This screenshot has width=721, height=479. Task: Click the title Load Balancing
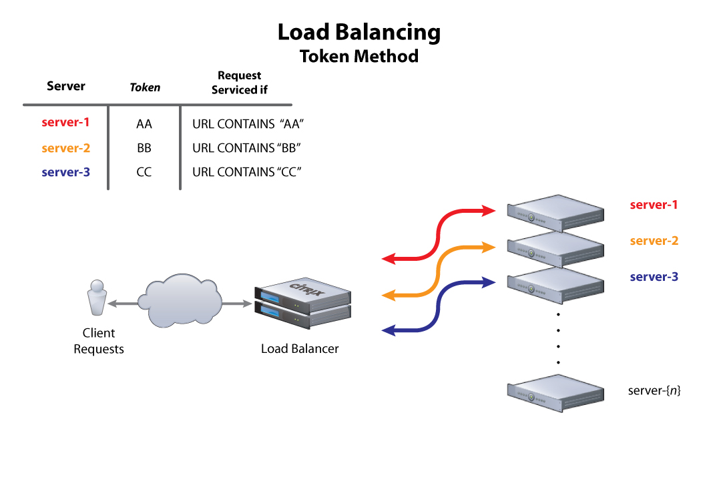point(359,32)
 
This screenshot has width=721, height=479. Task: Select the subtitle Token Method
point(359,56)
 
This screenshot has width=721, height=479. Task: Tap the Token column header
point(145,87)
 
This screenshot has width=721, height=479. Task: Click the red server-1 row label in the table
point(65,123)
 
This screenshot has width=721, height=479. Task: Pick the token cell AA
point(144,124)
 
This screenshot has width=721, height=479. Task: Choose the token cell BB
point(144,148)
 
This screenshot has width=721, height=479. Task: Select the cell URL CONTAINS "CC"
point(247,172)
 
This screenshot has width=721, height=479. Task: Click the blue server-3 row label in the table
point(65,172)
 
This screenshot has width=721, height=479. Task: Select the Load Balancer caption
point(300,348)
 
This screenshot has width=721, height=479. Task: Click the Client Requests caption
point(99,341)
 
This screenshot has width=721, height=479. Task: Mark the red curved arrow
point(439,233)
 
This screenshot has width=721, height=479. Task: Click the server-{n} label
point(654,390)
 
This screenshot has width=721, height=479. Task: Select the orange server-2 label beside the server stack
point(654,241)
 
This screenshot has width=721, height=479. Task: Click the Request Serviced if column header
point(239,83)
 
